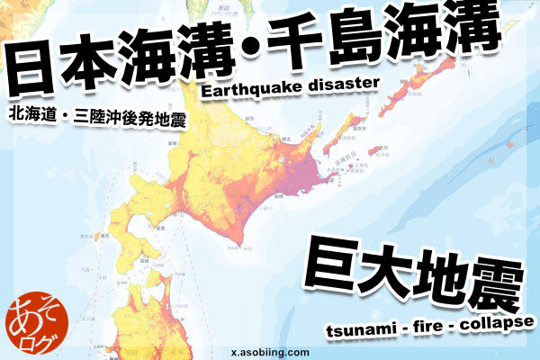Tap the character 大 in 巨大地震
pos(389,266)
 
